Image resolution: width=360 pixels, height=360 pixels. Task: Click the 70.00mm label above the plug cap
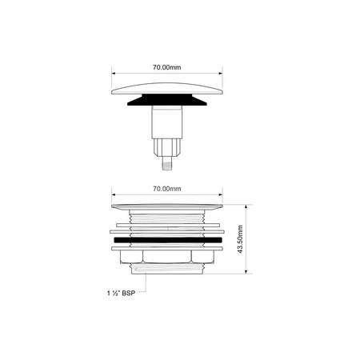pos(166,70)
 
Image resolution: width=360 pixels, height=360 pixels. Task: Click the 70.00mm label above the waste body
pos(166,189)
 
